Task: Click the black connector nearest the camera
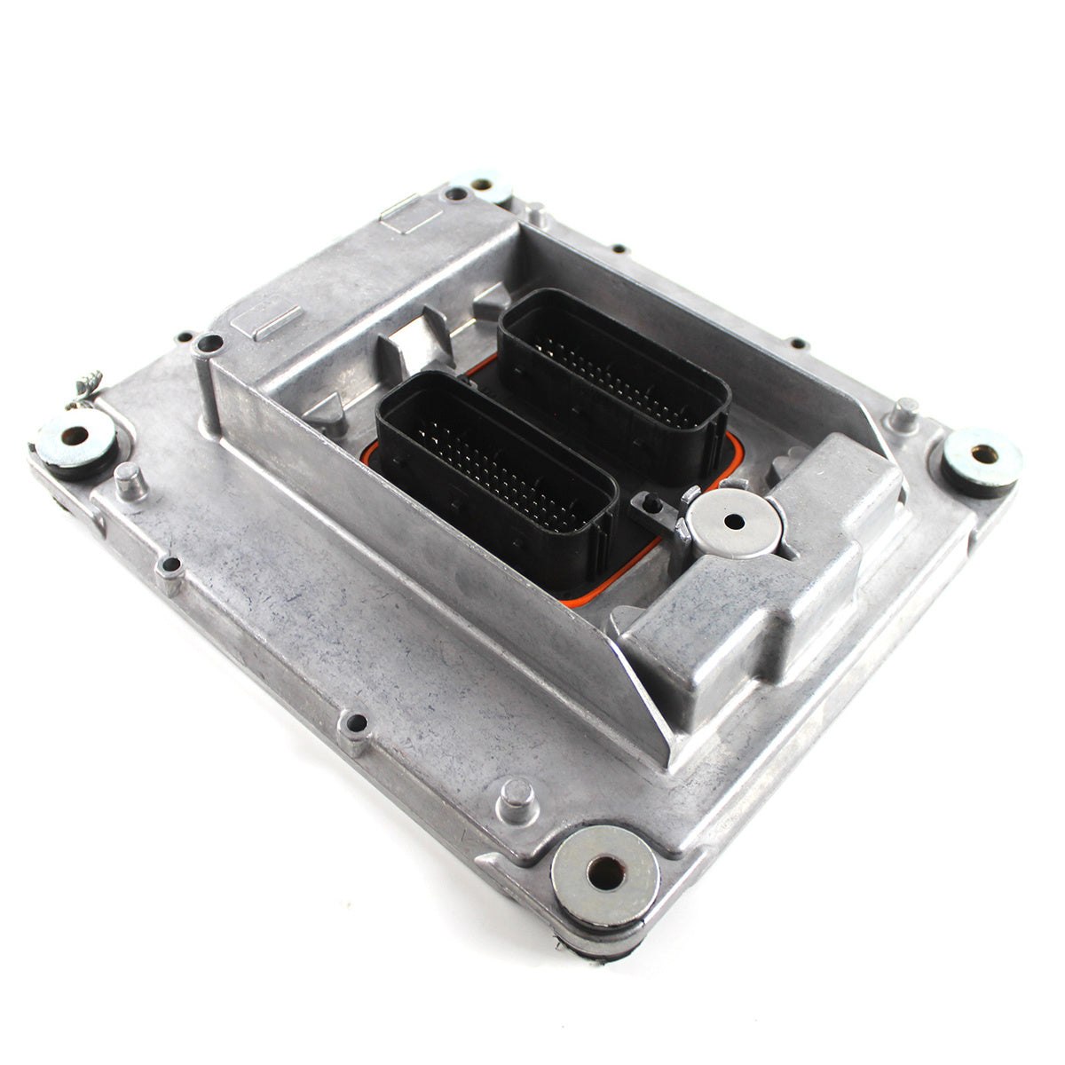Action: coord(497,479)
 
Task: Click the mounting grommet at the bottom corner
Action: coord(605,875)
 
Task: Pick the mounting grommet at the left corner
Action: coord(75,439)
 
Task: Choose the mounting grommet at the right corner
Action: coord(982,458)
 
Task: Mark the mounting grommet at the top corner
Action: coord(480,186)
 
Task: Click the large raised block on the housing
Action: coord(763,577)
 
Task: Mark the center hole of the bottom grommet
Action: coord(605,873)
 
